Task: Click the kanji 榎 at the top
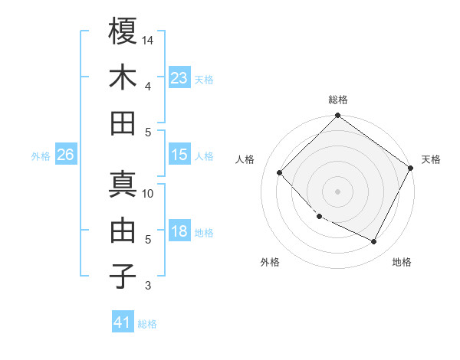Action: click(123, 31)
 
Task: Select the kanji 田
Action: click(123, 123)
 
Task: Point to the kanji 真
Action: click(123, 184)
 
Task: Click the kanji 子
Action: click(123, 276)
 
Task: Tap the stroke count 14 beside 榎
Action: click(148, 40)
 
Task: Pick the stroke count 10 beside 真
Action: click(148, 193)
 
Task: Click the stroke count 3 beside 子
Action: click(148, 286)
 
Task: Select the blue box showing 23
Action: click(179, 78)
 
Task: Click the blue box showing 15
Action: click(179, 155)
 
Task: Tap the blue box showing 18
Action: click(179, 231)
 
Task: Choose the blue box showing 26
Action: click(65, 155)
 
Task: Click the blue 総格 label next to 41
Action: click(147, 324)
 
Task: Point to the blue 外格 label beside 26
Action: click(41, 156)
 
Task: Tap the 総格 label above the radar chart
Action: click(338, 100)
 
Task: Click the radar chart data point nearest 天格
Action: click(411, 168)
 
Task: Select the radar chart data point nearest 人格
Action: click(280, 173)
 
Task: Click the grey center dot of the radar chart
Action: click(337, 191)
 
